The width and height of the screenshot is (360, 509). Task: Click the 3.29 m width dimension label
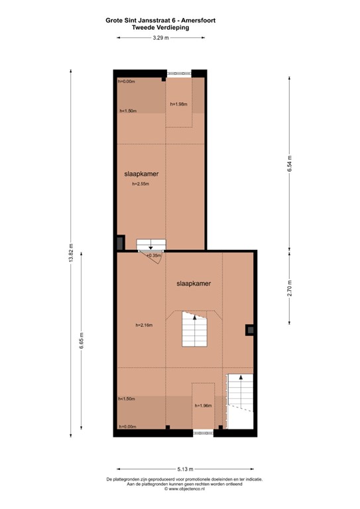[x=160, y=38]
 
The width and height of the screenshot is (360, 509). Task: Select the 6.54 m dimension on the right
[x=290, y=162]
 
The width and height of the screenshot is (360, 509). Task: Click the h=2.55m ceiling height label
[x=141, y=184]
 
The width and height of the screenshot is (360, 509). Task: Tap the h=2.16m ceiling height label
[x=144, y=325]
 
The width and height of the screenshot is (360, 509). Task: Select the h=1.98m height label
[x=178, y=104]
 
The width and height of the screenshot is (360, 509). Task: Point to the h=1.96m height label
[x=203, y=406]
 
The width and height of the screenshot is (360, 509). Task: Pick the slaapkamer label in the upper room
[x=141, y=174]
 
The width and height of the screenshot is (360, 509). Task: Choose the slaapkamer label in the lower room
[x=194, y=284]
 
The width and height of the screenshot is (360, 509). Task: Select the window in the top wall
[x=179, y=72]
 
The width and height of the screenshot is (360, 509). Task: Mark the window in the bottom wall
[x=203, y=432]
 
